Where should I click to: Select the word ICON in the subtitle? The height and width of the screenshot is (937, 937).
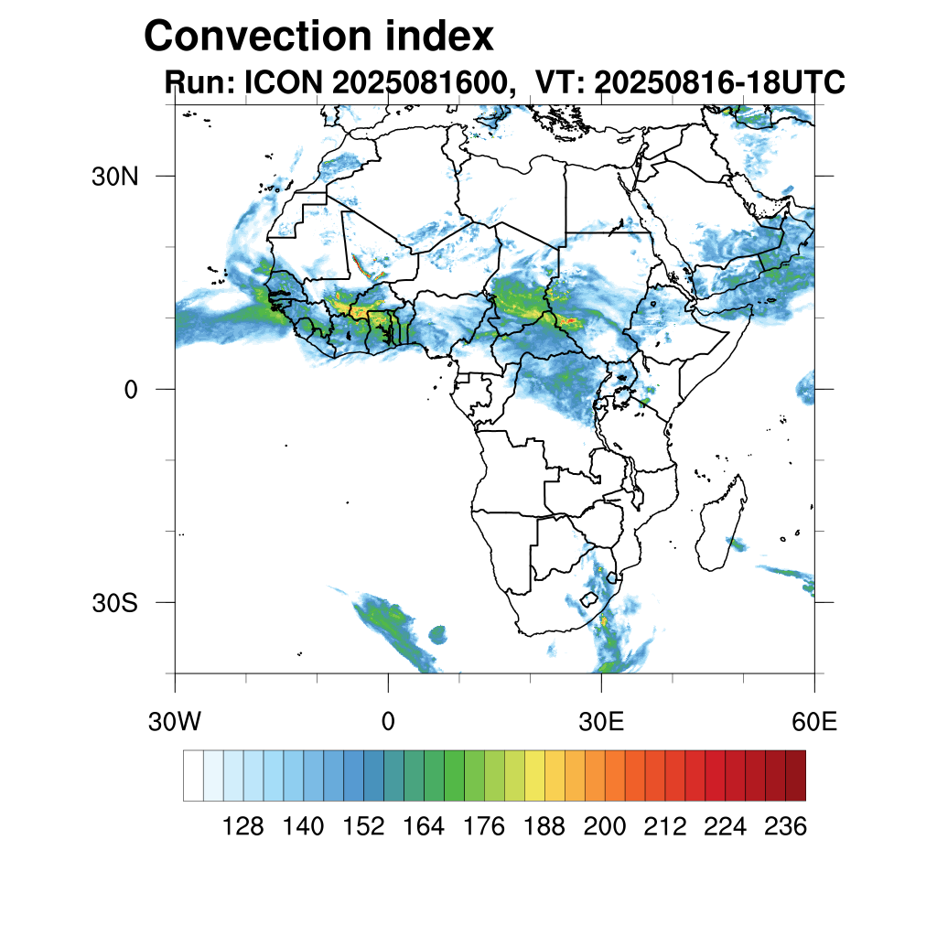[284, 81]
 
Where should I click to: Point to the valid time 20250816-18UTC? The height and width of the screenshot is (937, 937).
[719, 81]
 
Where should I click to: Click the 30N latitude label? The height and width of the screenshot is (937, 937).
[114, 177]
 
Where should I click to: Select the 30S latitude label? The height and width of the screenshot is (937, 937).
[114, 603]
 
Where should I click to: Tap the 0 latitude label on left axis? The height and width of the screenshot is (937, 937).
[131, 390]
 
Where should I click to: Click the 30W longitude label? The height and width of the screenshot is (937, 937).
[175, 722]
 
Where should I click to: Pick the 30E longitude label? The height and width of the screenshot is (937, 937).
[601, 722]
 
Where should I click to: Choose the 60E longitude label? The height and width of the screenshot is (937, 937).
[814, 722]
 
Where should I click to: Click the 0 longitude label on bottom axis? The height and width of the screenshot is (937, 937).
[388, 722]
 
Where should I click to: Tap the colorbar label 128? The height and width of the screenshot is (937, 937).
[242, 826]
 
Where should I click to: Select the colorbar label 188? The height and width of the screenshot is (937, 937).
[544, 826]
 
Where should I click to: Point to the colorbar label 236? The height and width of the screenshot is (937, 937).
[785, 826]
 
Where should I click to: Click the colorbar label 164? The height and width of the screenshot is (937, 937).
[424, 826]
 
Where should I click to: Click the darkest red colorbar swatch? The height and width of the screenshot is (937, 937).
[796, 775]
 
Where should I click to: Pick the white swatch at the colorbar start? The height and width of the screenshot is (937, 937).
[194, 775]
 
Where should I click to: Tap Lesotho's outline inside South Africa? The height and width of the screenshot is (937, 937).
[589, 598]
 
